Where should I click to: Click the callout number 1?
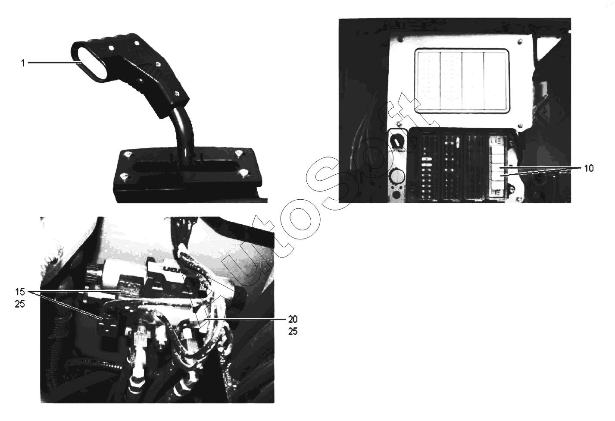click(x=23, y=63)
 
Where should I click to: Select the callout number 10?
click(x=589, y=168)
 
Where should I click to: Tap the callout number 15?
click(x=20, y=292)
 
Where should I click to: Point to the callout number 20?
click(x=293, y=319)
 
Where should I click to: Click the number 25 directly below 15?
click(x=20, y=304)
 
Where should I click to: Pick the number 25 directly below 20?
click(x=293, y=331)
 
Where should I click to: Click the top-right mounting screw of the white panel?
click(x=519, y=41)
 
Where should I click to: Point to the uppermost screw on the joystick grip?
click(x=136, y=44)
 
